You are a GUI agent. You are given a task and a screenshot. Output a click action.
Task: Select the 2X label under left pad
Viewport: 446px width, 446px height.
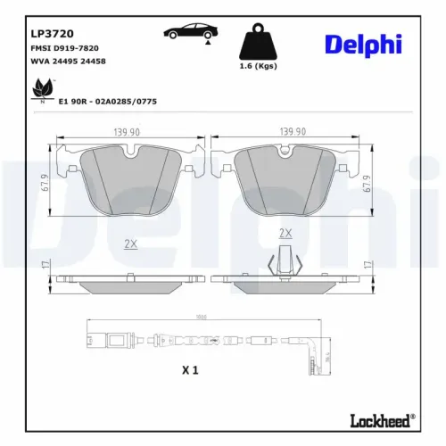(x=131, y=243)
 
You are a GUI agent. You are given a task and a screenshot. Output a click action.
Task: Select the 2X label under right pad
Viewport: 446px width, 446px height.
(x=285, y=234)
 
